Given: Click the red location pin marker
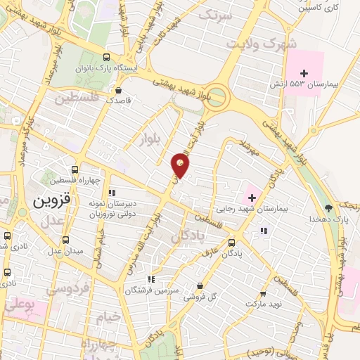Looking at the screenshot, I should pos(180,166).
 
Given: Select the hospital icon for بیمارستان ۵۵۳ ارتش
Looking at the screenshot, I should pos(304,73).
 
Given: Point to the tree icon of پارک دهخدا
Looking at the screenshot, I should pos(328,208).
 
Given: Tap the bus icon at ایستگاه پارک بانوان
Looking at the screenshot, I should pos(106,58).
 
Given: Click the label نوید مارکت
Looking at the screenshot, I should pos(263,304).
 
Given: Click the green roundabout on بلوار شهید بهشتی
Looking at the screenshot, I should pos(218,96).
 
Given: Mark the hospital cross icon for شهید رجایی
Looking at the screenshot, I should pos(252,186).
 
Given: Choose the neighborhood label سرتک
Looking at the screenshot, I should pos(215,14).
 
